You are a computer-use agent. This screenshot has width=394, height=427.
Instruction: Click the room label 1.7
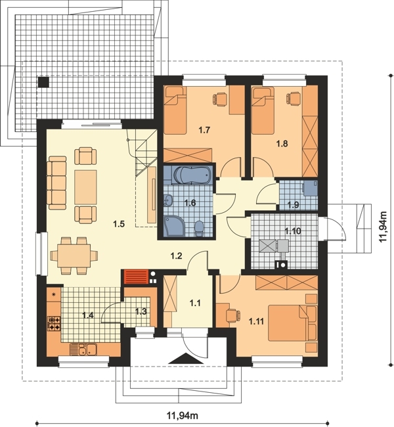click(204, 130)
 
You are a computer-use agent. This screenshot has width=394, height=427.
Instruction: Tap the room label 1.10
click(293, 231)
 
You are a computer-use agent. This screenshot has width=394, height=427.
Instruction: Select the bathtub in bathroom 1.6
click(192, 174)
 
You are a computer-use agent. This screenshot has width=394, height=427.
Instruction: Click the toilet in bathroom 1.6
click(200, 228)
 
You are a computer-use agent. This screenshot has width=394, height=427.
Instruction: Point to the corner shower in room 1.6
click(173, 226)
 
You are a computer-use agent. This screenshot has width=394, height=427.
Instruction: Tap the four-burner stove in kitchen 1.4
click(54, 323)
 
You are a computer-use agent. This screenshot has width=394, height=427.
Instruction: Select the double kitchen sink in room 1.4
click(83, 349)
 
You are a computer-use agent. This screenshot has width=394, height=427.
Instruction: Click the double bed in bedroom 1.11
click(292, 323)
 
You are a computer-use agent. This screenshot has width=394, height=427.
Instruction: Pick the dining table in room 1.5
click(74, 256)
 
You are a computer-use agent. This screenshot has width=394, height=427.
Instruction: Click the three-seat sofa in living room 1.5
click(56, 183)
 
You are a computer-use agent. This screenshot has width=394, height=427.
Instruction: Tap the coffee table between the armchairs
click(85, 187)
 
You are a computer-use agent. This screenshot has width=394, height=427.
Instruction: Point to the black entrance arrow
click(186, 358)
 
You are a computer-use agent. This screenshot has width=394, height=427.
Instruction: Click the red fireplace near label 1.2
click(136, 277)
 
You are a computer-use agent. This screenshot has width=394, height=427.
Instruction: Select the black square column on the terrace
click(43, 82)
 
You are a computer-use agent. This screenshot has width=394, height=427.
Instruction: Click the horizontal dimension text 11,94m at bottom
click(183, 416)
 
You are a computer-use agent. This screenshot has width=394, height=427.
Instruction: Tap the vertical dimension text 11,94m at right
click(383, 226)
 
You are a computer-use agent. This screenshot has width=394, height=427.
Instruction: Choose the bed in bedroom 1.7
click(175, 110)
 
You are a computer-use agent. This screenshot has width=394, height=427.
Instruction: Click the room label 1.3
click(141, 311)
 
